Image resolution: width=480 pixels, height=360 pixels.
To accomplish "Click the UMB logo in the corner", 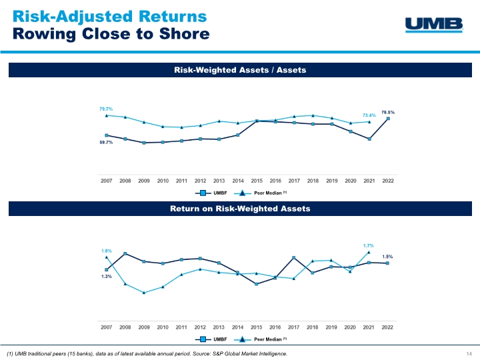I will (434, 25).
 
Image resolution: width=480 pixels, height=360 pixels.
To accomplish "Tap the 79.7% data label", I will (106, 108).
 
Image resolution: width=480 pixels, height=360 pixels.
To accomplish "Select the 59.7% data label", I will (106, 143).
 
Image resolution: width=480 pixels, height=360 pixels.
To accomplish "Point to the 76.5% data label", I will (387, 112).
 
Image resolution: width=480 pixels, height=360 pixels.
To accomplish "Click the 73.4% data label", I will (369, 115).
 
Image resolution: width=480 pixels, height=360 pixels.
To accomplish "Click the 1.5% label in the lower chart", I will (387, 256).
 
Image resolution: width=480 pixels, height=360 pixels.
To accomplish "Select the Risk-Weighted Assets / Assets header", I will (239, 69).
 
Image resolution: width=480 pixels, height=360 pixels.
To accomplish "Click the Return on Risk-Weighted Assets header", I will (239, 209).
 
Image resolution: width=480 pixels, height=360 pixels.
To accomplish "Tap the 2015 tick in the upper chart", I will (257, 181).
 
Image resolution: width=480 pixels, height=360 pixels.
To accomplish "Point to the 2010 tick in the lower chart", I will (163, 327).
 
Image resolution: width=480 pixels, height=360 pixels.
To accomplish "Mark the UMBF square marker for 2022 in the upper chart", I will (387, 119).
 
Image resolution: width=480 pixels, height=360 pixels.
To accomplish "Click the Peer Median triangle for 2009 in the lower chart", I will (144, 293).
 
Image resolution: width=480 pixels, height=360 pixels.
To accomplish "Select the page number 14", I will (469, 353).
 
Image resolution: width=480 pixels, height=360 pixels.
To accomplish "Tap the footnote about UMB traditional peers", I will (147, 353).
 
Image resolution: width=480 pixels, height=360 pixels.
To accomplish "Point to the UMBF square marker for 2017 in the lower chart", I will (294, 258).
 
